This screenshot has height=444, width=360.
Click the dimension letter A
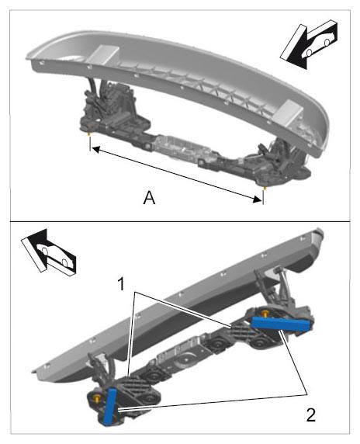coord(149,198)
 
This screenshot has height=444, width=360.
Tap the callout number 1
coord(121,284)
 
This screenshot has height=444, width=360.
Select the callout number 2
coord(311,415)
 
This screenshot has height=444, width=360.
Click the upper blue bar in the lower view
coord(282,324)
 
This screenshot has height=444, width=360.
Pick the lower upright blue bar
coord(110,406)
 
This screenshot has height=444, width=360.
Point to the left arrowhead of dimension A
coord(95,149)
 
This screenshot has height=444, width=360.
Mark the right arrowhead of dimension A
coord(258,199)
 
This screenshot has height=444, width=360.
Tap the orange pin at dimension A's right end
coord(264,188)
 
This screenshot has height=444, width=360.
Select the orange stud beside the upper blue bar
coord(265,313)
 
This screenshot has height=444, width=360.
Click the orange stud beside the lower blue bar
coord(98,398)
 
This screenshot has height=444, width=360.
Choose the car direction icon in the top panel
coord(309,44)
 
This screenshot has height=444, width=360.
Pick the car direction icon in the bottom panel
coord(49,253)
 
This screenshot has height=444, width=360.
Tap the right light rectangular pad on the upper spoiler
coord(289,113)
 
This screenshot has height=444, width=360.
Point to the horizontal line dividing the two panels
coord(180,221)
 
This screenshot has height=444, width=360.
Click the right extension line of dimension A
coord(264,197)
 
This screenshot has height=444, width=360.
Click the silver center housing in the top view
coord(178,149)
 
